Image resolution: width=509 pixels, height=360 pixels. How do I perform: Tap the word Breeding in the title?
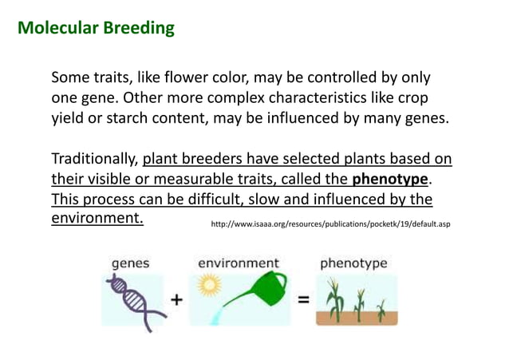pyautogui.click(x=138, y=29)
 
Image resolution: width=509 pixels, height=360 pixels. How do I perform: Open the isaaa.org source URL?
pyautogui.click(x=329, y=224)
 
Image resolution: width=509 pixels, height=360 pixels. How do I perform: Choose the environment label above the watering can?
pyautogui.click(x=239, y=262)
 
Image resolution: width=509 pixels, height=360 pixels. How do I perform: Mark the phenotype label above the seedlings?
pyautogui.click(x=353, y=262)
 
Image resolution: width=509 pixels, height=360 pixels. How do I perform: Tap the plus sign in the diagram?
pyautogui.click(x=175, y=300)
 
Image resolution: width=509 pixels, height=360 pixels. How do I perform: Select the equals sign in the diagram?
pyautogui.click(x=303, y=300)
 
